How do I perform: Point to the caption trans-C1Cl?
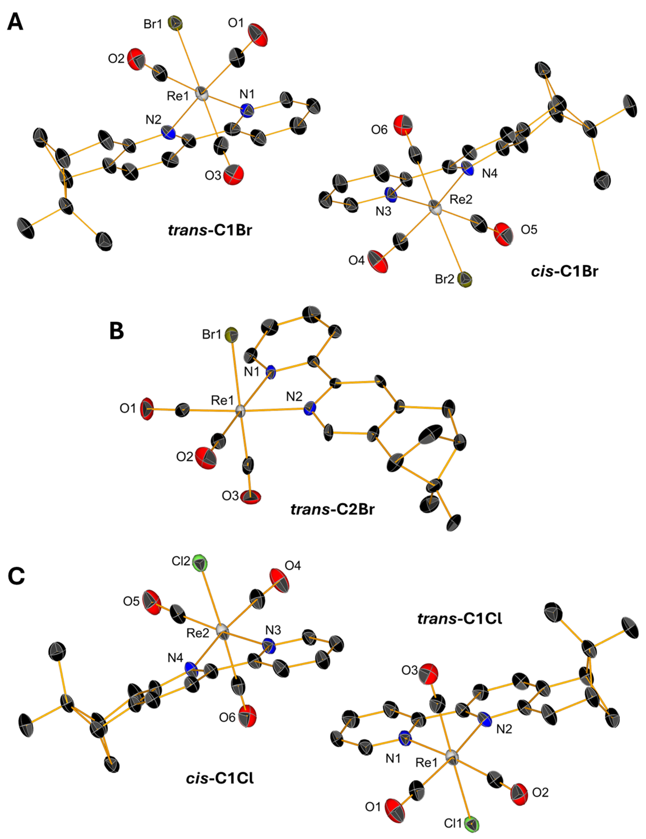[x=460, y=619]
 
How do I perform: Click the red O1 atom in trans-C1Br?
[x=258, y=35]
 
